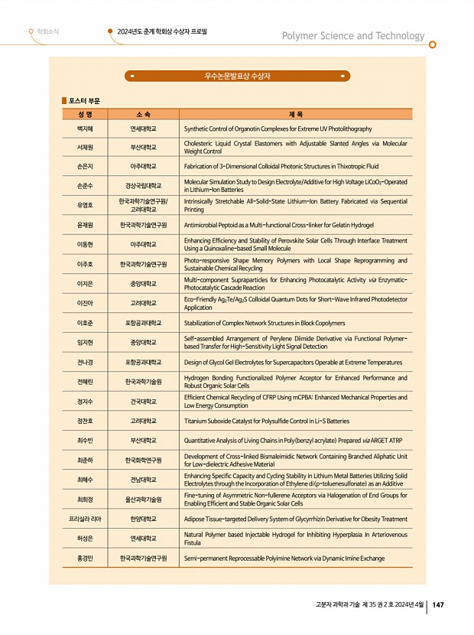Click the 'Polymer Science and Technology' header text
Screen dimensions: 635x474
(352, 36)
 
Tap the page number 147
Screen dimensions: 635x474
(438, 605)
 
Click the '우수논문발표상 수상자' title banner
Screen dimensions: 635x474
(237, 77)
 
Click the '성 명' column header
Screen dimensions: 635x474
(84, 114)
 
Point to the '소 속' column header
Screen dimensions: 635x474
(143, 114)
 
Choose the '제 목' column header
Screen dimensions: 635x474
(295, 114)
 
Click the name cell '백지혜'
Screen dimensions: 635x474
(84, 129)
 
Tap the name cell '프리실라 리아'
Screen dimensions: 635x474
(84, 519)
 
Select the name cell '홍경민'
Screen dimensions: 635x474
(84, 558)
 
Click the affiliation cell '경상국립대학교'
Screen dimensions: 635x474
(143, 185)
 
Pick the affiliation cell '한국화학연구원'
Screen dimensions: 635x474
(143, 460)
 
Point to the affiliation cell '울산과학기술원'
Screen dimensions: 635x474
(143, 499)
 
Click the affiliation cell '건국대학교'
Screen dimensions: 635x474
(143, 401)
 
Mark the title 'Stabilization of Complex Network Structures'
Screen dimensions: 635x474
(265, 324)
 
